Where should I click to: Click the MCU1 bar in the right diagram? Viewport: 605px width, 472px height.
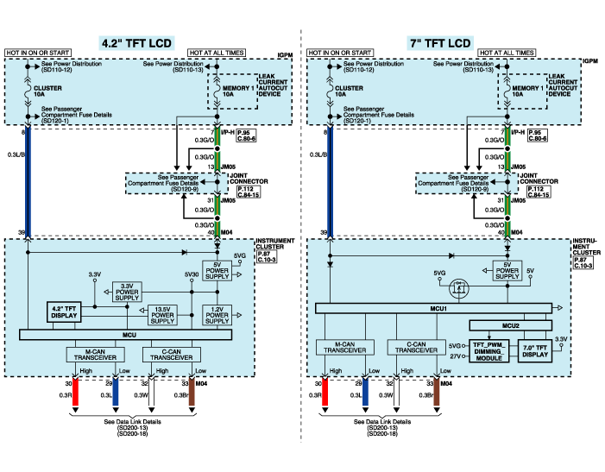[x=441, y=308]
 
